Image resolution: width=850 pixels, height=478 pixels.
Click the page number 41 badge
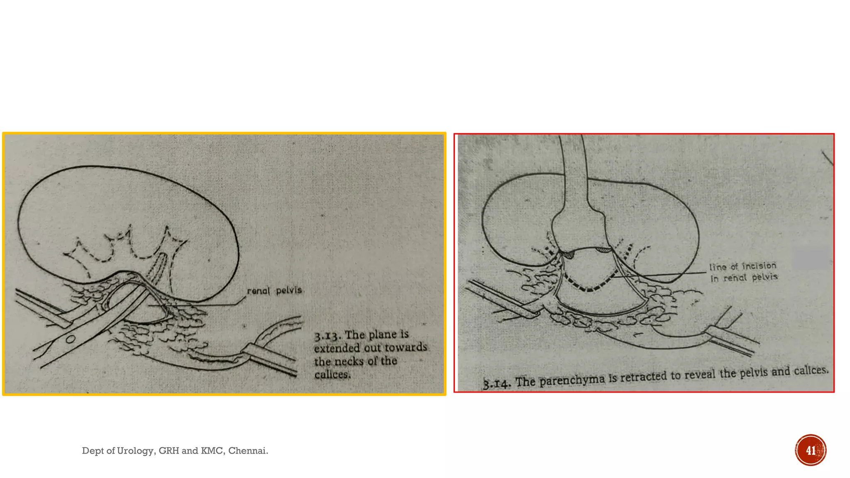click(810, 450)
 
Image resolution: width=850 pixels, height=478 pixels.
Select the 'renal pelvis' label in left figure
click(274, 290)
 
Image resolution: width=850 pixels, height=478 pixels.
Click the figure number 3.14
click(496, 383)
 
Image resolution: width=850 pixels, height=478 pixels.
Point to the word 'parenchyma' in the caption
click(572, 379)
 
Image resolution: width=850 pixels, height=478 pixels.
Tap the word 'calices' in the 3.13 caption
click(332, 375)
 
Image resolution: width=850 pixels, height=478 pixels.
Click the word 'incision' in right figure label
click(759, 266)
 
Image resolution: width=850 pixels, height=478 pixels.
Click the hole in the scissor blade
click(71, 339)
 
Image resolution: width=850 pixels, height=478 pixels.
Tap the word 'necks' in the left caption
click(349, 361)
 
